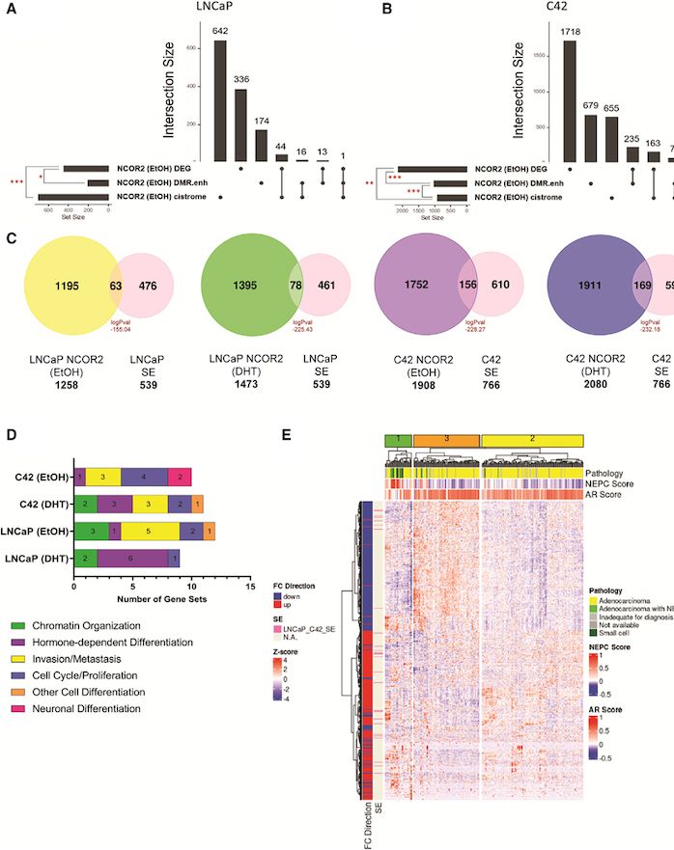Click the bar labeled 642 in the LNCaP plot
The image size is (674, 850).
[220, 101]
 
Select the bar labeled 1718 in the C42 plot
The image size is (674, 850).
[569, 101]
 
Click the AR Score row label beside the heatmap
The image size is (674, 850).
[605, 495]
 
